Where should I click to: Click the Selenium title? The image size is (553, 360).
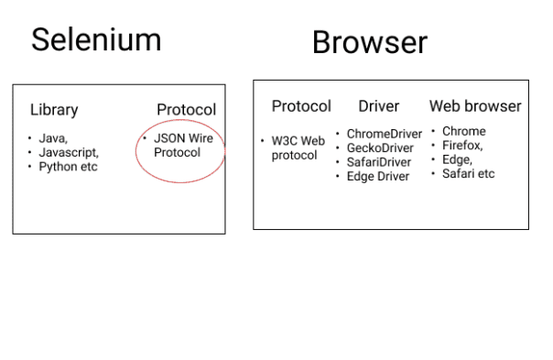[96, 39]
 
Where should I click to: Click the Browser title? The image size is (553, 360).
[369, 42]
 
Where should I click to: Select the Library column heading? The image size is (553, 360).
[54, 110]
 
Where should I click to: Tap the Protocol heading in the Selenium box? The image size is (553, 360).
[186, 110]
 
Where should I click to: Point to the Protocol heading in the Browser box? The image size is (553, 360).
[301, 106]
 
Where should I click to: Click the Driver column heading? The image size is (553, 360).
[378, 106]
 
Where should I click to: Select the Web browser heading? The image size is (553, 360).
[474, 106]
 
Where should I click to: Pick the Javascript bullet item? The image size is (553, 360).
[68, 152]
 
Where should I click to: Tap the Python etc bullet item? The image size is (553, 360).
[68, 167]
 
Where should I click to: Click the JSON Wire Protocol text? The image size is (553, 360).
[182, 146]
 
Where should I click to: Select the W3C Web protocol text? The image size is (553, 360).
[297, 147]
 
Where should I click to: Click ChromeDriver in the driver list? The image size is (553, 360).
[384, 134]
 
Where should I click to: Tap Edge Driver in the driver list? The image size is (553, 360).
[377, 176]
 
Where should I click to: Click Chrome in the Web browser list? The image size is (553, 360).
[463, 131]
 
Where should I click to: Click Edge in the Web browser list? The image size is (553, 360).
[458, 159]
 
